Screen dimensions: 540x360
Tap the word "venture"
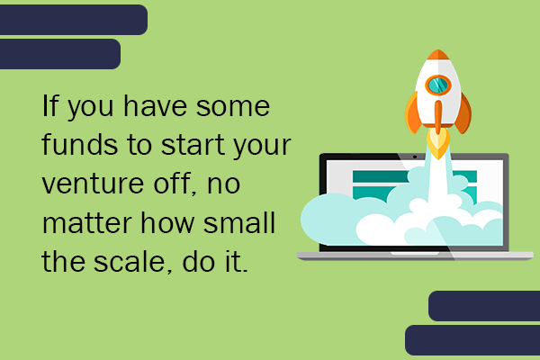(93, 184)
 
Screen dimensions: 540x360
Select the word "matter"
(87, 222)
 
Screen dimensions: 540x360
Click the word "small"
(239, 222)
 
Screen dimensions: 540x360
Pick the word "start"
(193, 145)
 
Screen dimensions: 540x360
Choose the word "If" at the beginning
(50, 105)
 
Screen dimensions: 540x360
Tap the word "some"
(233, 106)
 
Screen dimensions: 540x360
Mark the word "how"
(167, 222)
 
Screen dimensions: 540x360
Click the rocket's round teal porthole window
(437, 85)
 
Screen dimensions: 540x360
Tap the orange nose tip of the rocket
(438, 54)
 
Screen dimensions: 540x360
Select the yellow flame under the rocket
(438, 144)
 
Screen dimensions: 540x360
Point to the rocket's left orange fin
(413, 113)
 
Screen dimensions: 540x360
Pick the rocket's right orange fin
(463, 113)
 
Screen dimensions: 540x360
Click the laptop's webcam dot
(415, 157)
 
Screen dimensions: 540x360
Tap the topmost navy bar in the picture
(74, 20)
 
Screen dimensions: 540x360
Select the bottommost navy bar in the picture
(472, 340)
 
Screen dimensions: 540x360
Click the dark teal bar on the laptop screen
(381, 176)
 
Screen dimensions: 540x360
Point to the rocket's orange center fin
(438, 117)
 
